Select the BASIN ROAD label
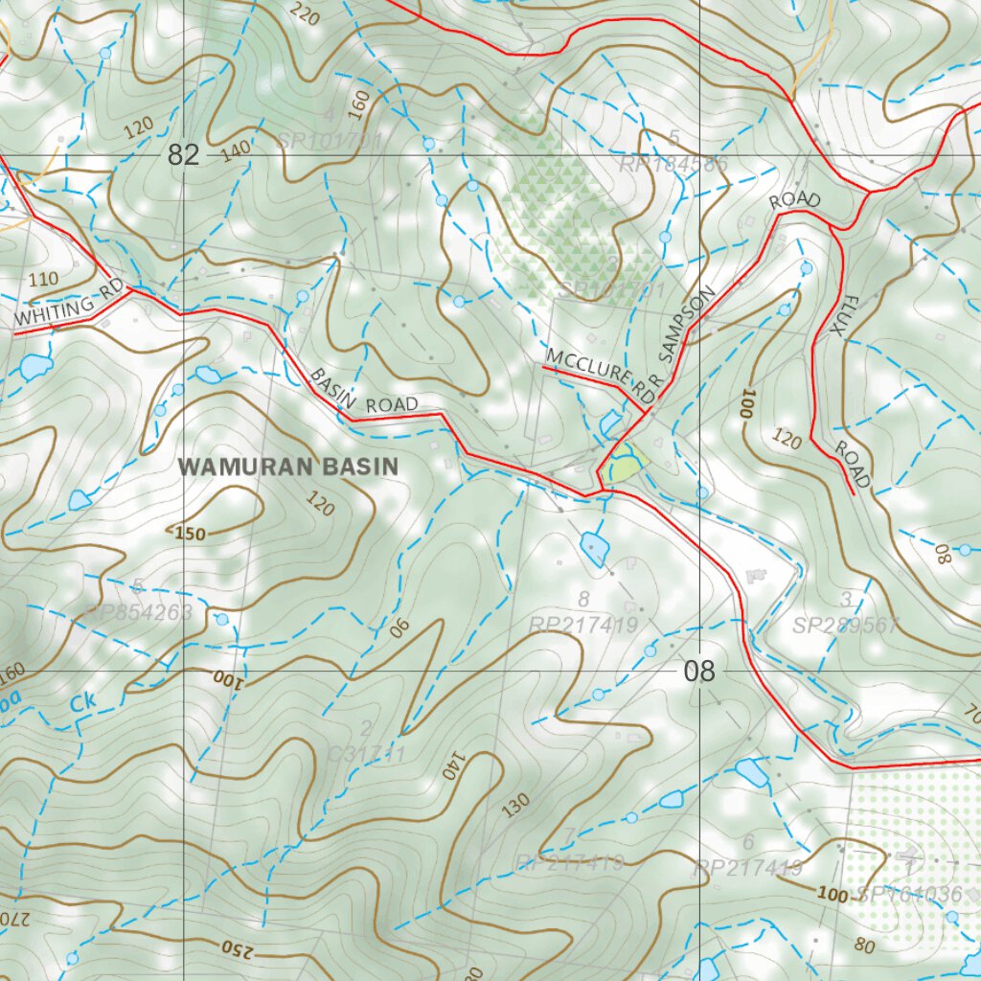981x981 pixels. pyautogui.click(x=364, y=390)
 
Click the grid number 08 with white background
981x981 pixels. pyautogui.click(x=699, y=672)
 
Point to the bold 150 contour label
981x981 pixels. pyautogui.click(x=190, y=534)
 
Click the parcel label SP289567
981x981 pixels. pyautogui.click(x=846, y=626)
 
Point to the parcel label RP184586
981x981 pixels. pyautogui.click(x=673, y=164)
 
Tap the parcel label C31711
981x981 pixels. pyautogui.click(x=366, y=754)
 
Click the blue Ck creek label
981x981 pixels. pyautogui.click(x=84, y=702)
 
